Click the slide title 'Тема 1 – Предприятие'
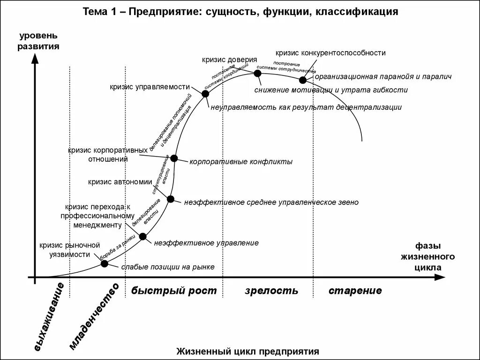tap(240, 12)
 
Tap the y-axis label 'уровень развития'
tap(38, 41)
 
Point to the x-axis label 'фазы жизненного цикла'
tap(427, 256)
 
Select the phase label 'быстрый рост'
tap(174, 291)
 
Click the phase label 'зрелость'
tap(271, 291)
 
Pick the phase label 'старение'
tap(355, 291)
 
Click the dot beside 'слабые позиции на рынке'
tap(105, 263)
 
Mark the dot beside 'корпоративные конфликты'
tap(174, 158)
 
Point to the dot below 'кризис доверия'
tap(257, 73)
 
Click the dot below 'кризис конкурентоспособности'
tap(303, 80)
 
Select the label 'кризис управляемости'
tap(150, 87)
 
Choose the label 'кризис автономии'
tap(120, 182)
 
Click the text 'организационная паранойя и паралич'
tap(383, 77)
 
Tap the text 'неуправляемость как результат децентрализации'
tap(306, 107)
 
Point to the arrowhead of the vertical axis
tap(35, 59)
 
